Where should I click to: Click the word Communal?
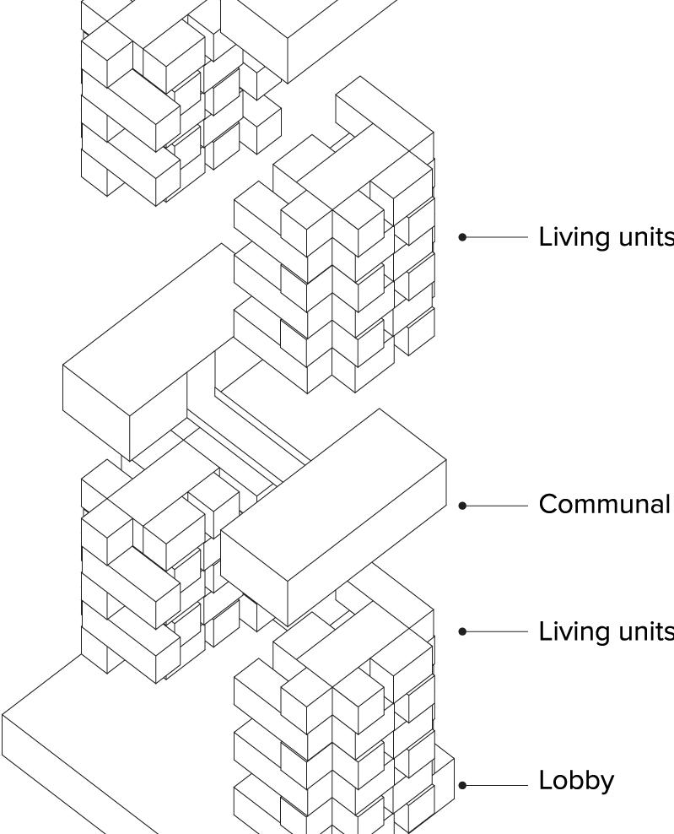tap(604, 505)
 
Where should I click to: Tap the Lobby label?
tap(576, 782)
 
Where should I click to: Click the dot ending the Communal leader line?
tap(462, 506)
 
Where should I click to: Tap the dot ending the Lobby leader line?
tap(462, 785)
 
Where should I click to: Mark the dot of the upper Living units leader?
tap(462, 238)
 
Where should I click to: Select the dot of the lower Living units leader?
tap(462, 631)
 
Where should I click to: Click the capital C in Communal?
tap(547, 505)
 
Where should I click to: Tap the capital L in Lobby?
tap(544, 781)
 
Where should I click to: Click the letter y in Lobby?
tap(607, 785)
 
